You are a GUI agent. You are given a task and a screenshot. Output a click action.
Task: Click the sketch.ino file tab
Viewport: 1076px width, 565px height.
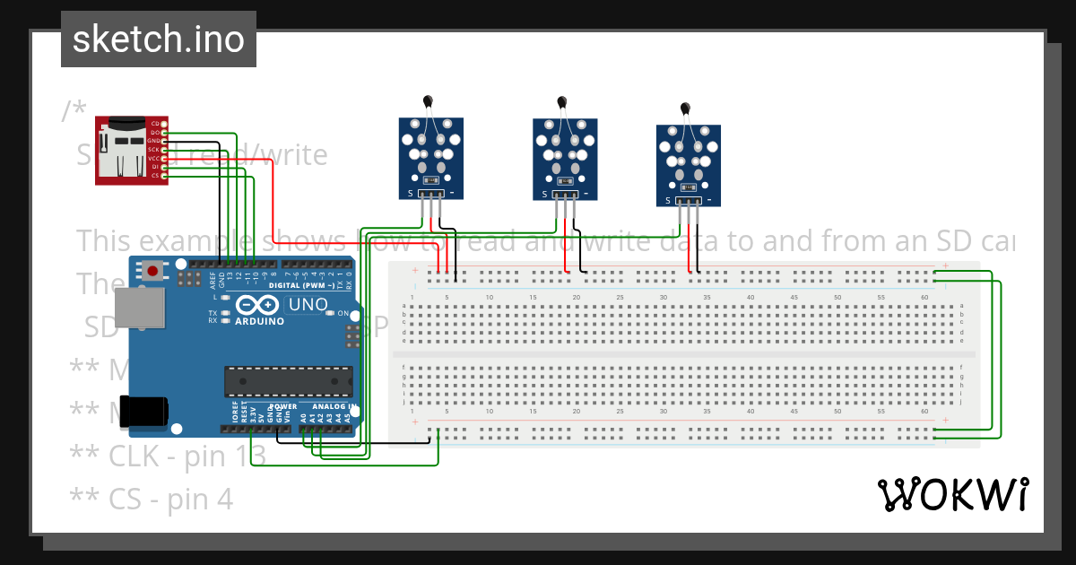[x=158, y=39]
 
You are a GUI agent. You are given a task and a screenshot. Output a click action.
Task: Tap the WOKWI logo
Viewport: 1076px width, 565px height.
[x=952, y=494]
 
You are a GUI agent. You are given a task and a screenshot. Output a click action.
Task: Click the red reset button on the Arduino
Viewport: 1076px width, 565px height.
[x=152, y=270]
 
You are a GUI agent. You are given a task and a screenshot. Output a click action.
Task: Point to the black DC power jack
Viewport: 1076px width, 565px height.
[x=147, y=411]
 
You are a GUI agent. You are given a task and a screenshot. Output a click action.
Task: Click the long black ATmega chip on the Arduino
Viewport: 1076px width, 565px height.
[x=287, y=382]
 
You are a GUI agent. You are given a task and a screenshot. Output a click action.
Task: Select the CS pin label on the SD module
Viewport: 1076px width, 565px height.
[x=155, y=176]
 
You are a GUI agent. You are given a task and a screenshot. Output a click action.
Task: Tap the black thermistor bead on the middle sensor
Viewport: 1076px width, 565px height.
[x=562, y=102]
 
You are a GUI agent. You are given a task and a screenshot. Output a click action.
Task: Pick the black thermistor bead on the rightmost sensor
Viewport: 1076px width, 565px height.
[x=686, y=109]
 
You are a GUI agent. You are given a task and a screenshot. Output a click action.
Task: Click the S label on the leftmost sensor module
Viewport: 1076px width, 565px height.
[x=410, y=193]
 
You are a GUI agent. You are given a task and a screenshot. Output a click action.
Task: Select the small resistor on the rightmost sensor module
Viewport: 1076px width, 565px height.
[x=689, y=187]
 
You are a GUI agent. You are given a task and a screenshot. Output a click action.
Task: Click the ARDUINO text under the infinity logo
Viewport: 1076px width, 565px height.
[x=260, y=320]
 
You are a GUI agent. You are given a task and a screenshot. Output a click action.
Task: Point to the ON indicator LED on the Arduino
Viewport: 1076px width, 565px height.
[x=330, y=313]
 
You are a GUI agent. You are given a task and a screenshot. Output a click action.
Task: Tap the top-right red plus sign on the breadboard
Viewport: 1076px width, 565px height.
[x=945, y=266]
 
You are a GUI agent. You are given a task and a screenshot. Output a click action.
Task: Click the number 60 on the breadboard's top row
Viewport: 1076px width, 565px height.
[x=924, y=297]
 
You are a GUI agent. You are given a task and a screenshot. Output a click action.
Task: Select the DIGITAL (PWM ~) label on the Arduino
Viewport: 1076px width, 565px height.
[x=300, y=285]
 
